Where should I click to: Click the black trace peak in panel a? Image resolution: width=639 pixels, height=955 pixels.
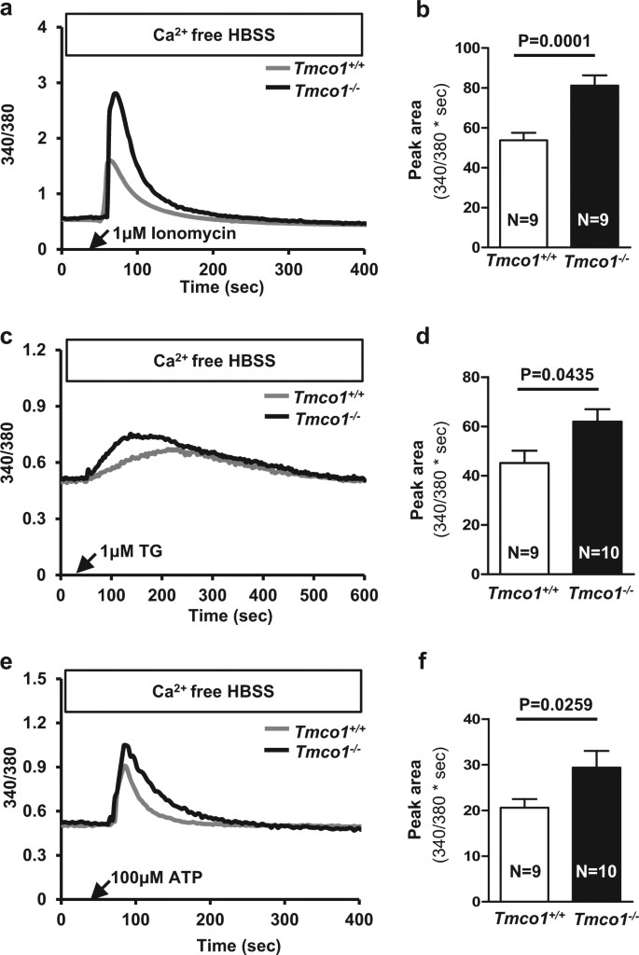coord(116,93)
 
